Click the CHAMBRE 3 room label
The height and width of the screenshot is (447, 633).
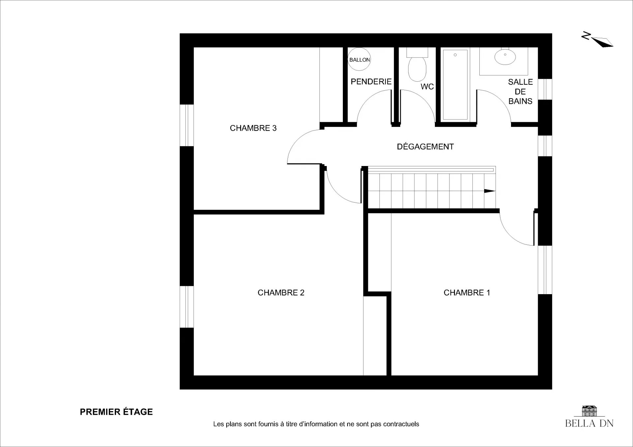click(253, 128)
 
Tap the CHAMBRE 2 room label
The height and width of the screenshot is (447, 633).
click(281, 293)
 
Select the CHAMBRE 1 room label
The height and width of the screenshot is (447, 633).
click(467, 293)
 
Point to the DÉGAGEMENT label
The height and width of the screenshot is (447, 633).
click(425, 147)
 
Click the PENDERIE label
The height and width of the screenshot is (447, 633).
click(371, 81)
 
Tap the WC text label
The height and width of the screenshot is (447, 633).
click(427, 87)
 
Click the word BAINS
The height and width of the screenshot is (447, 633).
click(520, 101)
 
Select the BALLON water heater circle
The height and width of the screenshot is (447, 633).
click(359, 59)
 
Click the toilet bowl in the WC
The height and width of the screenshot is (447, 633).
click(417, 69)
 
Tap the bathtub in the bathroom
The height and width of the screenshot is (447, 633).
click(455, 85)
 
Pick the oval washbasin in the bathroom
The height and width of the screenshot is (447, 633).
click(505, 57)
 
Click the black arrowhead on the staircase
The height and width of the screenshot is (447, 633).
click(490, 191)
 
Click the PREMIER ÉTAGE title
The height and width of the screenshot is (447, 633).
click(116, 412)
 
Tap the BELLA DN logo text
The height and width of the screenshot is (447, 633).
click(589, 423)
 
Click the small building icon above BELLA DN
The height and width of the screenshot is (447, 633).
click(589, 411)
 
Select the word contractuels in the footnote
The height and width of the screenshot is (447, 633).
click(401, 424)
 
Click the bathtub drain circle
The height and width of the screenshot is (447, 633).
click(455, 55)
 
